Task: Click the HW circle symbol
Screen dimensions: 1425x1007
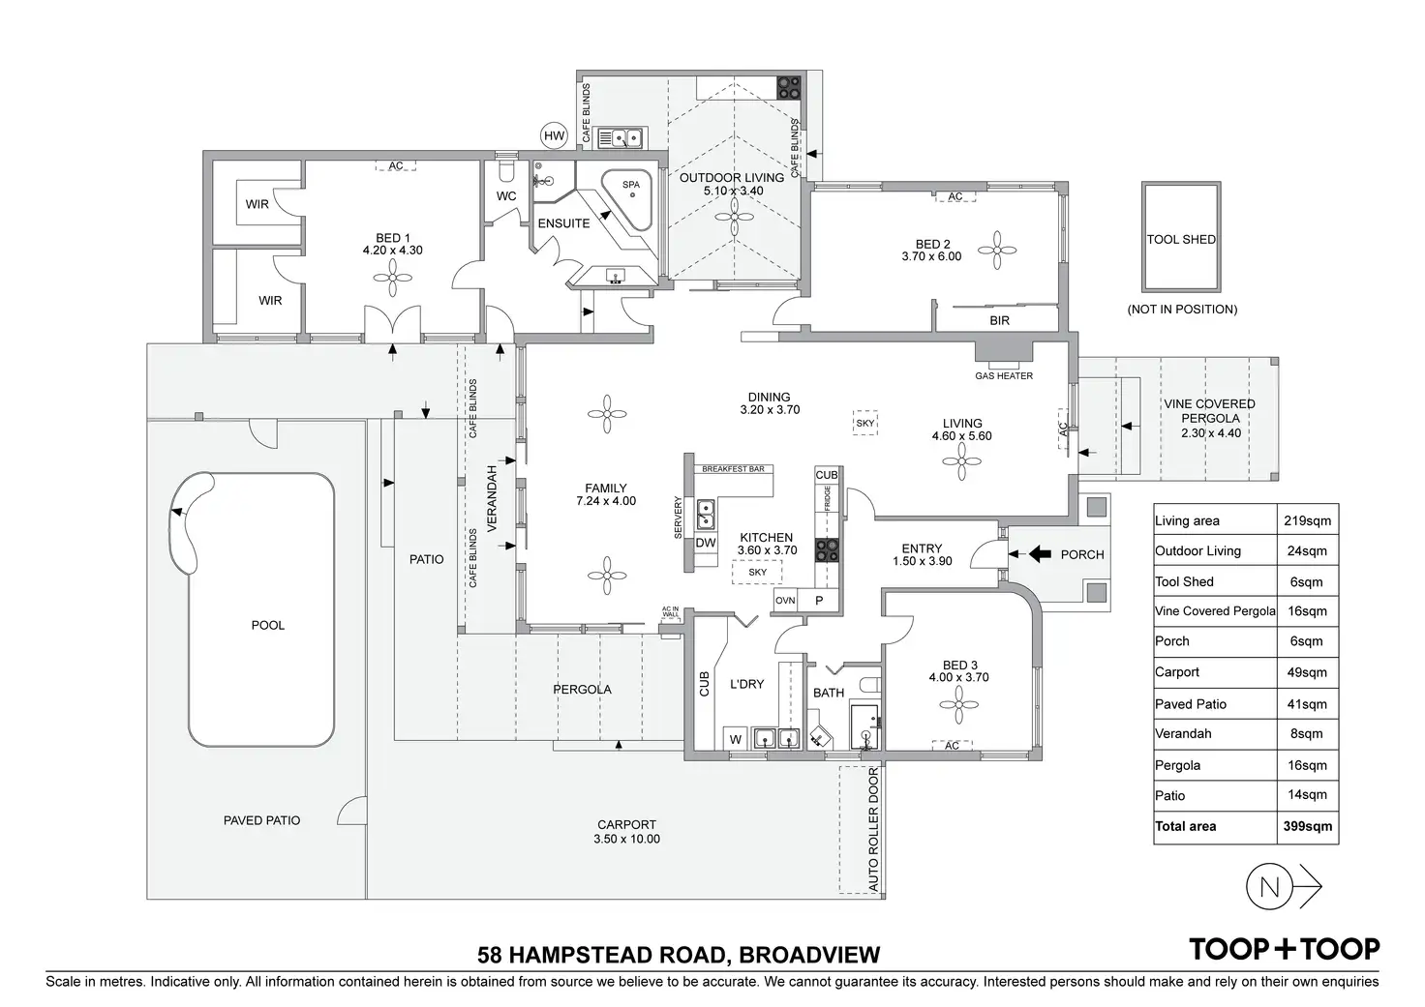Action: pos(554,136)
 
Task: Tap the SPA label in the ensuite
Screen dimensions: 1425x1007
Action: pos(631,185)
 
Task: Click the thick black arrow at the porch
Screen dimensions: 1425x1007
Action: pos(1038,554)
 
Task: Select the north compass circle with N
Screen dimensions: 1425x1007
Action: pos(1269,887)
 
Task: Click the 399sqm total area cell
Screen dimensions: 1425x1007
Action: pos(1307,827)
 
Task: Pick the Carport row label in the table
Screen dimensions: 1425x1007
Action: pos(1177,672)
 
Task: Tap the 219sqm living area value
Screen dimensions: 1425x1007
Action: pos(1307,520)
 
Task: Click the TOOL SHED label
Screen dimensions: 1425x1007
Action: pos(1181,239)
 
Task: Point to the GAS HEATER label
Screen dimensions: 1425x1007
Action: pos(1004,375)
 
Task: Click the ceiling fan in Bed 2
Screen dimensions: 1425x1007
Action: pos(997,252)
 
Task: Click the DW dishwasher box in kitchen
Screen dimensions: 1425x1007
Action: pos(706,544)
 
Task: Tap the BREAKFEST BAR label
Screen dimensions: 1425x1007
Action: pos(733,469)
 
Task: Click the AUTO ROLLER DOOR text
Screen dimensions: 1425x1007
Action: pos(873,831)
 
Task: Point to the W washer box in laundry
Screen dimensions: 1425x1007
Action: pos(735,740)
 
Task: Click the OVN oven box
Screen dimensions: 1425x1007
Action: pos(785,601)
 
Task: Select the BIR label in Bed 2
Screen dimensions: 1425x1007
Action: pos(1000,320)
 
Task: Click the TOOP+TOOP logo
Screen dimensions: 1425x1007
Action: pos(1284,949)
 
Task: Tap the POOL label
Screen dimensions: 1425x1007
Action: pos(268,625)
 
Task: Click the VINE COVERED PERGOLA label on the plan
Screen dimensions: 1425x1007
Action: pos(1210,412)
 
